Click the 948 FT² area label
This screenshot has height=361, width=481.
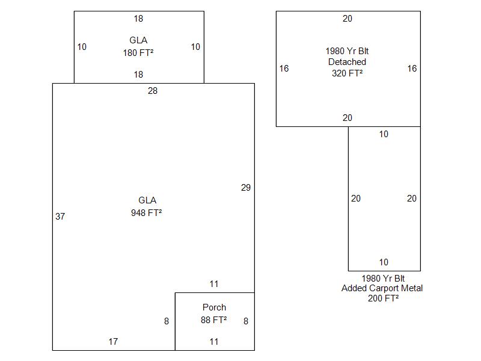pyautogui.click(x=146, y=212)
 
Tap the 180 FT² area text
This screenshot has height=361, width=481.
pyautogui.click(x=138, y=52)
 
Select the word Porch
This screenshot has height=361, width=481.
pyautogui.click(x=214, y=307)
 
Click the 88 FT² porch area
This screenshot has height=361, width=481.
pyautogui.click(x=213, y=320)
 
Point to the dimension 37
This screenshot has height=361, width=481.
pyautogui.click(x=60, y=217)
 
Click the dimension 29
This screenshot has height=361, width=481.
pyautogui.click(x=245, y=188)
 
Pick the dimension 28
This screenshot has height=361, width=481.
pyautogui.click(x=153, y=91)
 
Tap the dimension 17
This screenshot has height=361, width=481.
pyautogui.click(x=113, y=342)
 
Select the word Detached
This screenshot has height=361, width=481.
pyautogui.click(x=347, y=62)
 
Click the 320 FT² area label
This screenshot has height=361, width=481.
pyautogui.click(x=347, y=73)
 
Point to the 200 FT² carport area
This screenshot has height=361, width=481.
pyautogui.click(x=383, y=298)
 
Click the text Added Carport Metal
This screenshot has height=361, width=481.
pyautogui.click(x=382, y=288)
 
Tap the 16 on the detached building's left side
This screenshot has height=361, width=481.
pyautogui.click(x=284, y=69)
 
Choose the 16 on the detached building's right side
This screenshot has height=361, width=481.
pyautogui.click(x=412, y=69)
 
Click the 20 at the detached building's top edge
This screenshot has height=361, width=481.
pyautogui.click(x=348, y=19)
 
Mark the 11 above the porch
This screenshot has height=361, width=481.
pyautogui.click(x=214, y=284)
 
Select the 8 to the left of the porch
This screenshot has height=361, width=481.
pyautogui.click(x=167, y=321)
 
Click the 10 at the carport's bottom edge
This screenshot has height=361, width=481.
pyautogui.click(x=384, y=262)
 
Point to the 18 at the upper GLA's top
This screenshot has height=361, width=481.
pyautogui.click(x=138, y=19)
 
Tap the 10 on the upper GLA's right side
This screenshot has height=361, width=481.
pyautogui.click(x=195, y=47)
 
